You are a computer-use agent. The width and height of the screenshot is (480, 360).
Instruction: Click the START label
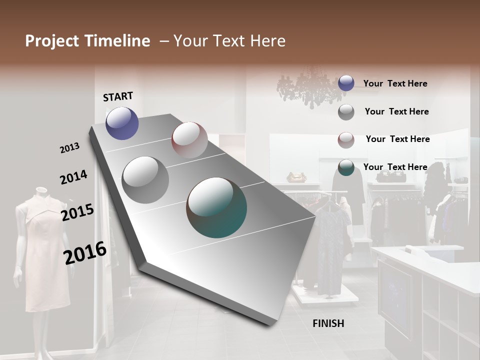118,96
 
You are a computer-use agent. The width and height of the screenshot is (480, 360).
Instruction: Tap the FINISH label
328,323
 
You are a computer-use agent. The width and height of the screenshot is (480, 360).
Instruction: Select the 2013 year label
69,148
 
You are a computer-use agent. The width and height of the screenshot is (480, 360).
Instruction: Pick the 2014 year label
73,177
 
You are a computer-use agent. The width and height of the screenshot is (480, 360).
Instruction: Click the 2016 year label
85,253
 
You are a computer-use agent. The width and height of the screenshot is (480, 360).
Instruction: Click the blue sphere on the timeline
122,123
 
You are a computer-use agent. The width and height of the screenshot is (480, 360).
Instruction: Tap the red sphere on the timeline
189,139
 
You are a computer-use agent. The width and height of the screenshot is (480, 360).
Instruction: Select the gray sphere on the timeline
145,179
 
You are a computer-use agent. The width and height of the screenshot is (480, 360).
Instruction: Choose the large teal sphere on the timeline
216,207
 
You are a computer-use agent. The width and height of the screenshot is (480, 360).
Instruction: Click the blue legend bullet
346,83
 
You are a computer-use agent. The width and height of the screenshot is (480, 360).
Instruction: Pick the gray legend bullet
346,112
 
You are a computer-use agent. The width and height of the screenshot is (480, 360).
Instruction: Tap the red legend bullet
346,140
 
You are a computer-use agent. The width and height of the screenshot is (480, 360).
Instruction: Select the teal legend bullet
346,167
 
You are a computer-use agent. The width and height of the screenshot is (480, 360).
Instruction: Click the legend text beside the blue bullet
395,83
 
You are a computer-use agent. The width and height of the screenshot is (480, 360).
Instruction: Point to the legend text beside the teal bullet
395,167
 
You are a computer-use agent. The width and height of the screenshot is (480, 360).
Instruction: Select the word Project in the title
52,41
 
